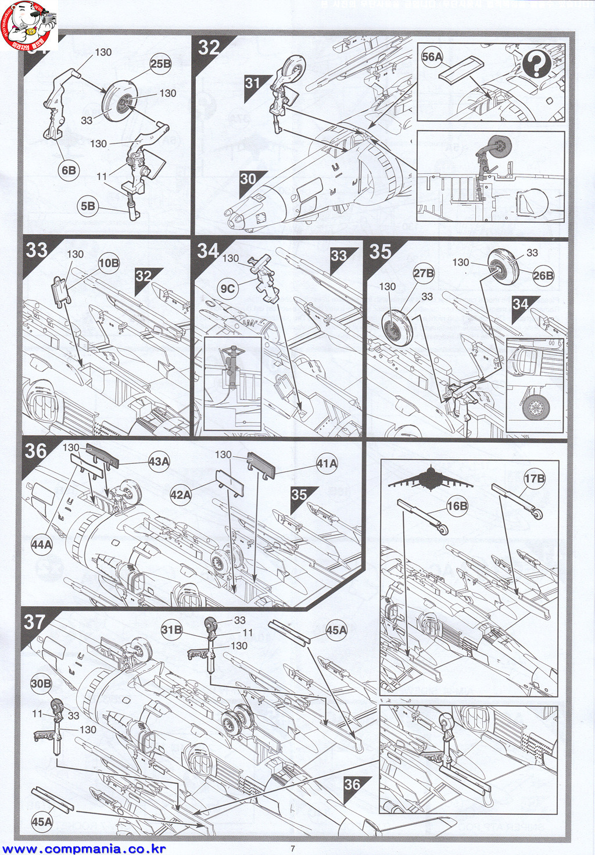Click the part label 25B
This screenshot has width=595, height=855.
point(160,63)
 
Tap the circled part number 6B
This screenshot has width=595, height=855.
point(69,170)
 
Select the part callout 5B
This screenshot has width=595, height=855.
point(88,206)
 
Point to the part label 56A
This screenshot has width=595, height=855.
point(432,56)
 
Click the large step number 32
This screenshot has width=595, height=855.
point(209,47)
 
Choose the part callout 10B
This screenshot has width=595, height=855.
point(109,263)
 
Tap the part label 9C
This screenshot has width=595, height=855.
point(228,288)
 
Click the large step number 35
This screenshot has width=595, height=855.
point(381,251)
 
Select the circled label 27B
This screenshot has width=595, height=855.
point(424,273)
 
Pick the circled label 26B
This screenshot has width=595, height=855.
point(543,275)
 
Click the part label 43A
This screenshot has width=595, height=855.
point(159,462)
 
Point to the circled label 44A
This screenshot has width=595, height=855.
point(42,544)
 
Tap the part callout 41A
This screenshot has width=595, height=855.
point(327,463)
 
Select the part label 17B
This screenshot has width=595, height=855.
point(535,478)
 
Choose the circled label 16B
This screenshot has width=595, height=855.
point(457,506)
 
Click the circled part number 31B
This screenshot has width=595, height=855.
point(172,629)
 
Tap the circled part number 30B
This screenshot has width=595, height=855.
point(41,684)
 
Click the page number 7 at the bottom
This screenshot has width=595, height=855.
point(293,848)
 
